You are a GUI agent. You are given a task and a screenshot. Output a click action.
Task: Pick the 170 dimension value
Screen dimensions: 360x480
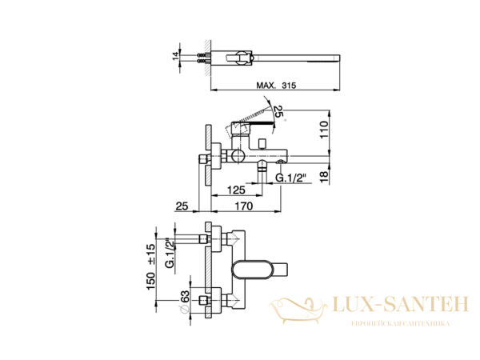[243, 206]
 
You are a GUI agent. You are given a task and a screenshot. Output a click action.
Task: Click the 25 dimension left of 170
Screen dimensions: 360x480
[182, 206]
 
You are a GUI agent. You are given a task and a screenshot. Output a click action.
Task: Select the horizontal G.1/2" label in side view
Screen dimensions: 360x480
[292, 177]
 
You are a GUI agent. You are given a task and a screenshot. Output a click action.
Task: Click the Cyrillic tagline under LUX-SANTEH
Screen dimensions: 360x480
[399, 323]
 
